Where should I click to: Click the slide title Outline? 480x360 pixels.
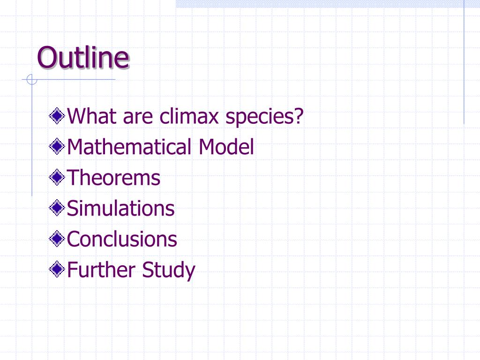point(83,58)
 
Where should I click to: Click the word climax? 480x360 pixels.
point(188,116)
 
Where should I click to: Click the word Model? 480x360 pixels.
point(226,147)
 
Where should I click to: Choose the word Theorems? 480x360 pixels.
point(114,178)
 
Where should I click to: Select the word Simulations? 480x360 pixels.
point(121,209)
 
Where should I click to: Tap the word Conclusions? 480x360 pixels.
point(122,239)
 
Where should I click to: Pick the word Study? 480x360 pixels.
point(169,271)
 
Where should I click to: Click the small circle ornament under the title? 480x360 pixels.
point(31,80)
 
